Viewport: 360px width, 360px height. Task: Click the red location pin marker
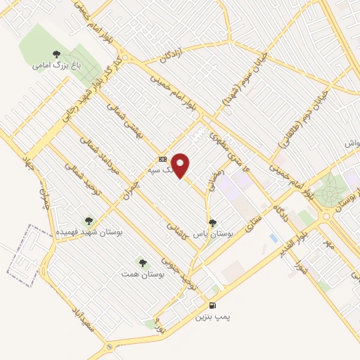pos(181,165)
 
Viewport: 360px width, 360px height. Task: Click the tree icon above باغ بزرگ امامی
pos(56,53)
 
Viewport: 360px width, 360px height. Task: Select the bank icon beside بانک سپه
pos(162,159)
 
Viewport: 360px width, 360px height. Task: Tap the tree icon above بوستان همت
pos(143,262)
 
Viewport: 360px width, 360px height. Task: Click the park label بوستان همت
pos(143,274)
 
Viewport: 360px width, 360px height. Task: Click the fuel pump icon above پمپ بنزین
pos(212,306)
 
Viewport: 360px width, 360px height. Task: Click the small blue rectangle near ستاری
pos(273,238)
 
